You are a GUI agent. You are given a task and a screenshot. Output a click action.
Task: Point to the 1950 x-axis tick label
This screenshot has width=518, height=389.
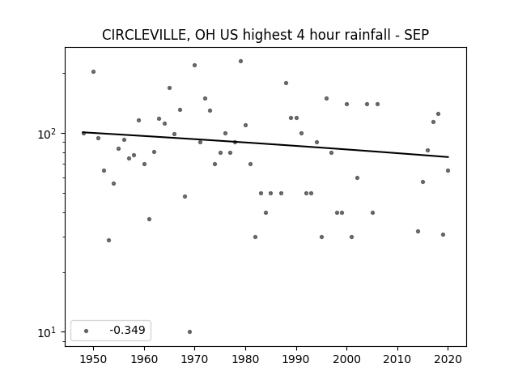pos(93,359)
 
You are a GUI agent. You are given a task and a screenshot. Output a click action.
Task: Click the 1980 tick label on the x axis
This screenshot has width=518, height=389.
pos(245,359)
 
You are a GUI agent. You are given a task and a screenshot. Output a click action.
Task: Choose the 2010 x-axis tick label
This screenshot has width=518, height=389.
pos(397,359)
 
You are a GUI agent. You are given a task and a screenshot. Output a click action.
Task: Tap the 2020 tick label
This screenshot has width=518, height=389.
pos(448,359)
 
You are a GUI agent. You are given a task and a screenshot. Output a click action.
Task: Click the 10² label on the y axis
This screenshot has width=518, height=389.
pos(47,134)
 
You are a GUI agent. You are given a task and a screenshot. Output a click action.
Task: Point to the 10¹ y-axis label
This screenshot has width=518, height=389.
pos(47,332)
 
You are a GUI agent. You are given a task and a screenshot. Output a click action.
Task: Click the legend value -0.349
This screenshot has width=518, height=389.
pos(127,330)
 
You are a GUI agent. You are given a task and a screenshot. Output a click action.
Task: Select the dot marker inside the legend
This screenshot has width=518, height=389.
pos(87,331)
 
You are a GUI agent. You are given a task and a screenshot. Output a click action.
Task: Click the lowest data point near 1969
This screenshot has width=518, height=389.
pos(189,331)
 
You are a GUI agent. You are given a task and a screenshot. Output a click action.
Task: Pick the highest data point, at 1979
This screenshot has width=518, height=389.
pos(241,62)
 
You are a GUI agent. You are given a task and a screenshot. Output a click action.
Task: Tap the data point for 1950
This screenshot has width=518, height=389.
pos(94,72)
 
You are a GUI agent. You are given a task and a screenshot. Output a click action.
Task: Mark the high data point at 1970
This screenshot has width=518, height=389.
pos(194,65)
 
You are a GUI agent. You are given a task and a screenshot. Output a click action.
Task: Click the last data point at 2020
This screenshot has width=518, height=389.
pos(448,171)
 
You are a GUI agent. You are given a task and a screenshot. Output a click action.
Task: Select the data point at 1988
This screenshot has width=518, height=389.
pos(286,83)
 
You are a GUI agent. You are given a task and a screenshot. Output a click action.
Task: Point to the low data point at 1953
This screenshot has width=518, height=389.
pos(108,240)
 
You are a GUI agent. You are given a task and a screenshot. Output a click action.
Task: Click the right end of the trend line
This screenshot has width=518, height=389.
pos(448,156)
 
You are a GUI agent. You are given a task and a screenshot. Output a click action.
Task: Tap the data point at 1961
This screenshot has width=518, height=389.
pos(149,220)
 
